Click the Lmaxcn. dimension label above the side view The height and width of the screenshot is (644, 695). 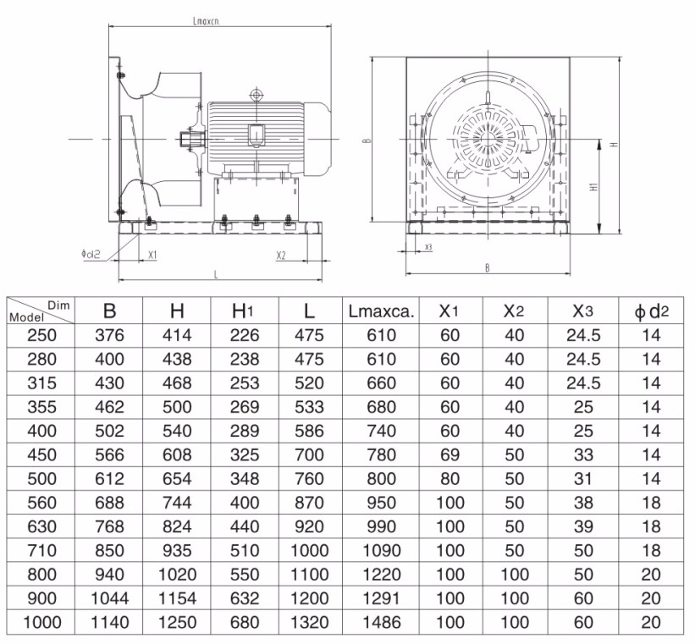click(x=206, y=21)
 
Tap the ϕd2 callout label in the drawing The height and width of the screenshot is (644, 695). click(x=91, y=254)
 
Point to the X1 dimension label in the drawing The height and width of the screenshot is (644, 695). click(x=152, y=255)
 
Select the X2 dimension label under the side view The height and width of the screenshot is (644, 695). click(x=281, y=256)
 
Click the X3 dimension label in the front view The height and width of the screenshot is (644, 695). click(x=428, y=247)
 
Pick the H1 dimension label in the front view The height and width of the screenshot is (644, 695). click(x=594, y=186)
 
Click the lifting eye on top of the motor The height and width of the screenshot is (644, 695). click(x=256, y=95)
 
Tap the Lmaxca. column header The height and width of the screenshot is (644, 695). click(x=381, y=311)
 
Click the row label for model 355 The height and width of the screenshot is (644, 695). click(x=42, y=407)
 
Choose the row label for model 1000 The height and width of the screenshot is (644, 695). click(x=42, y=622)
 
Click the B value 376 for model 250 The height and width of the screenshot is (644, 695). click(x=109, y=335)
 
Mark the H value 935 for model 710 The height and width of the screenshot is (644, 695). click(x=177, y=550)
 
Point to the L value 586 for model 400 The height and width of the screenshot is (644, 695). click(x=309, y=431)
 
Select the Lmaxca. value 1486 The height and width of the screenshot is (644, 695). click(x=382, y=622)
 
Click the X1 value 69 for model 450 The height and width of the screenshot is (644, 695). click(x=450, y=454)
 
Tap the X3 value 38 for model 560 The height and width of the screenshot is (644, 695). click(x=583, y=503)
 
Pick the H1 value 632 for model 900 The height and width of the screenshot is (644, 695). click(x=245, y=598)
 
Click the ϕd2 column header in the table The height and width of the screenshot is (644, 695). click(x=651, y=311)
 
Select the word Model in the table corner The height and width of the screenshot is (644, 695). click(x=26, y=317)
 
